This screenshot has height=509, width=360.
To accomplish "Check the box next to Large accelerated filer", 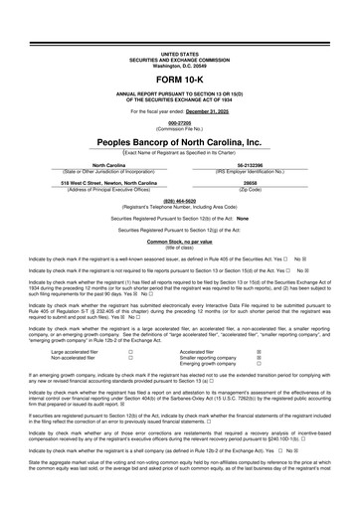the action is click(x=130, y=350).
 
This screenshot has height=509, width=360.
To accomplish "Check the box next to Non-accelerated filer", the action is click(x=130, y=357).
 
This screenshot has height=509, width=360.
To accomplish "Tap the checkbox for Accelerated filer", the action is click(x=259, y=350).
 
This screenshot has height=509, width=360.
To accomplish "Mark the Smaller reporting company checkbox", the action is click(x=259, y=357).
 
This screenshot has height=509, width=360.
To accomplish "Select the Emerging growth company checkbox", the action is click(x=259, y=364).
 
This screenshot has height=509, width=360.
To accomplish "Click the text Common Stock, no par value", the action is click(x=179, y=242).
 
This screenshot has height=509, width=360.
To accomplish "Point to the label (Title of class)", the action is click(x=179, y=248).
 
